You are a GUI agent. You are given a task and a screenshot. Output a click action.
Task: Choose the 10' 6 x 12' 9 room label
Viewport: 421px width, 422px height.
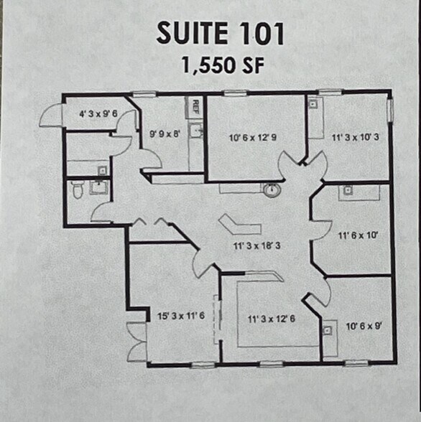255,136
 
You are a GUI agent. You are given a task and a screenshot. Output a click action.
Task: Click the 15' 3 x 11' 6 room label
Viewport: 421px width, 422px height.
181,316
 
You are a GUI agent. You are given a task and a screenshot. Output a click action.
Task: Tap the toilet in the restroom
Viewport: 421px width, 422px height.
78,189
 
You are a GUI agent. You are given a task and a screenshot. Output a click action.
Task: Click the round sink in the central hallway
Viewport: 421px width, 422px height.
272,191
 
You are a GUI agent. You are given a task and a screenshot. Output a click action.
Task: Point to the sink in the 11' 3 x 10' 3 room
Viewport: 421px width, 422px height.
315,104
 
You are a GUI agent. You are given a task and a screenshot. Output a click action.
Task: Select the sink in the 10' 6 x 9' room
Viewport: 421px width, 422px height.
327,330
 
